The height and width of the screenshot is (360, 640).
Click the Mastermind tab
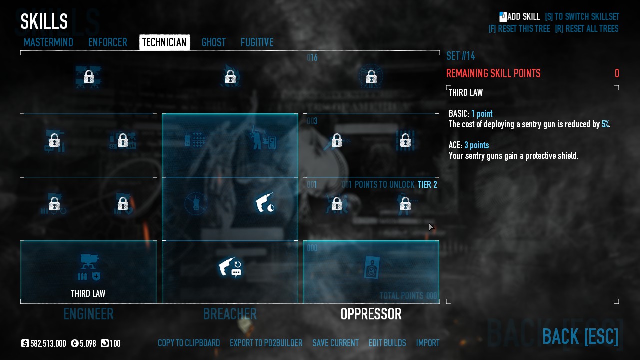[x=48, y=43]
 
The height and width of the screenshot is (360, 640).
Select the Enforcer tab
[x=107, y=43]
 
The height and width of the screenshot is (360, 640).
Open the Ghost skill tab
[x=214, y=43]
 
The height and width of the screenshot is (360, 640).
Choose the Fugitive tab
[x=257, y=43]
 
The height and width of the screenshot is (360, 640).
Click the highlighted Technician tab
[x=164, y=43]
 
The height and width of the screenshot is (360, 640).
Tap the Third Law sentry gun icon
[x=89, y=268]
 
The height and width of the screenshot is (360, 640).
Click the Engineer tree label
[x=88, y=314]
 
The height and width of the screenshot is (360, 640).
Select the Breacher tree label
[x=230, y=314]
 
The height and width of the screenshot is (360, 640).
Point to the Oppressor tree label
[x=371, y=314]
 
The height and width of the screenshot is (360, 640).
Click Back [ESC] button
[x=580, y=336]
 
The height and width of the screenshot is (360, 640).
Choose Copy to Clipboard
[x=189, y=343]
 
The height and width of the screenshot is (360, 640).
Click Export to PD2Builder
[x=266, y=343]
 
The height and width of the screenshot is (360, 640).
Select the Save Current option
[x=335, y=343]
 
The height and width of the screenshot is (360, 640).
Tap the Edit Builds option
[x=387, y=343]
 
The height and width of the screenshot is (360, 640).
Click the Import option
[x=428, y=343]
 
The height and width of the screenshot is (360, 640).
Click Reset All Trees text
[x=587, y=29]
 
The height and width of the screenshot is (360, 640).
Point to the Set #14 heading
[x=460, y=56]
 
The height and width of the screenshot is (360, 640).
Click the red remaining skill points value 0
[x=617, y=74]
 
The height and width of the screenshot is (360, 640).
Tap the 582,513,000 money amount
[x=48, y=344]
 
